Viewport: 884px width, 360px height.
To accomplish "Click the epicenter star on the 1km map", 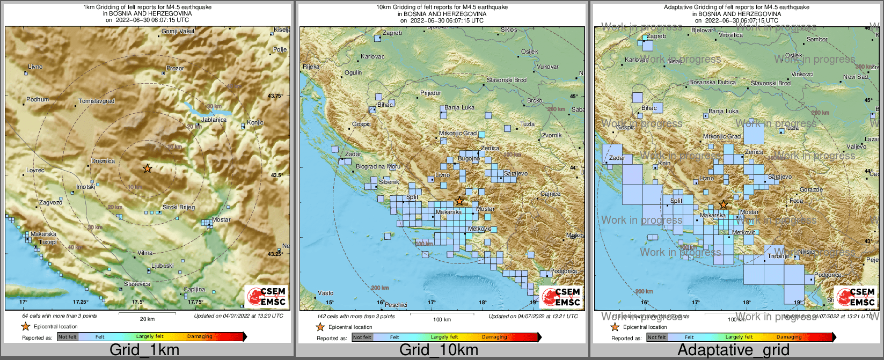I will [147, 168].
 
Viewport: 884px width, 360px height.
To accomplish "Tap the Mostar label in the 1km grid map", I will [221, 219].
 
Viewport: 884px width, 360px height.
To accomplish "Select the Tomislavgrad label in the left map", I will [97, 101].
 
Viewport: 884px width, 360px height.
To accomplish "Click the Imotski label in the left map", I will [86, 187].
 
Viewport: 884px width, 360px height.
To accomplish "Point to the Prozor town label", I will [175, 68].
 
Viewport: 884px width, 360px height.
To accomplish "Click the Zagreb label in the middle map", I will [392, 33].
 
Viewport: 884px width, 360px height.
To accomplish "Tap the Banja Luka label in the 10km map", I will [459, 107].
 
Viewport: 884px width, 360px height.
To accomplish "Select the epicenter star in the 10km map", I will [459, 201].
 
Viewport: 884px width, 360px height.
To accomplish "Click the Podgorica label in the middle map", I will [563, 271].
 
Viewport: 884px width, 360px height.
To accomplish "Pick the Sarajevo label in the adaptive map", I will [780, 177].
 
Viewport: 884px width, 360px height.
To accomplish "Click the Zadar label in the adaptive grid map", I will [617, 158].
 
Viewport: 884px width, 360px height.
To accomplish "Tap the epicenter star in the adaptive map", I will [724, 204].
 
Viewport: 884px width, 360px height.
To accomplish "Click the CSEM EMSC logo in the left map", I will [266, 296].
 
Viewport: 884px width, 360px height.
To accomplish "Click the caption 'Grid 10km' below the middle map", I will [439, 350].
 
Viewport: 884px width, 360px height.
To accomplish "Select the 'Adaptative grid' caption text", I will [733, 350].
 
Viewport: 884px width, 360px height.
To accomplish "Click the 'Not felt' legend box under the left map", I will [68, 337].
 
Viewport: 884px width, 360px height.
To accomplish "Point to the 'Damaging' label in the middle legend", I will [494, 337].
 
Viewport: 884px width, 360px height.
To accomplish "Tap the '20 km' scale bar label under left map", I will [147, 319].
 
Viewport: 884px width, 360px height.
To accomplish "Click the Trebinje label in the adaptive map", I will [778, 256].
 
